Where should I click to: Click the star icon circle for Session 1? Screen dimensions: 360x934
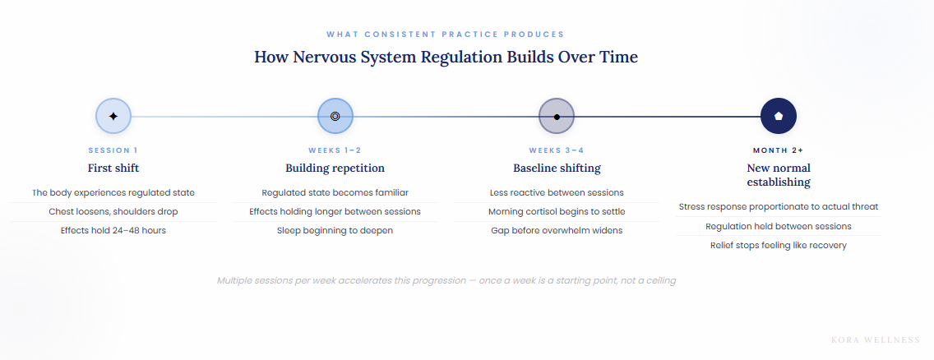tap(113, 116)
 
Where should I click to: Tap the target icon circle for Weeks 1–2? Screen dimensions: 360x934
tap(335, 116)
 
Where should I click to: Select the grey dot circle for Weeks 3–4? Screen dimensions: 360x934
tap(557, 116)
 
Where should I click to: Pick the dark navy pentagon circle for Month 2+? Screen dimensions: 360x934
tap(779, 116)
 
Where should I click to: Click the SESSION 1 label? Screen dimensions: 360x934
tap(113, 150)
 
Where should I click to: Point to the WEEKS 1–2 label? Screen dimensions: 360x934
tap(335, 150)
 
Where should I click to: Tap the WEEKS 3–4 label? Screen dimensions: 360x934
tap(557, 150)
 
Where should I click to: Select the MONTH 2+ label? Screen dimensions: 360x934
tap(779, 150)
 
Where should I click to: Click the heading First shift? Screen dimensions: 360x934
tap(113, 168)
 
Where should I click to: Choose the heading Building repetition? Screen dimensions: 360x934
tap(335, 168)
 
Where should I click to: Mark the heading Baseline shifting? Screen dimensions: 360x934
tap(557, 168)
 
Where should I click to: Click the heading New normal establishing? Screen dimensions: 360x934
tap(779, 175)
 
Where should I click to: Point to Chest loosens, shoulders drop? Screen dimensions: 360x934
tap(113, 211)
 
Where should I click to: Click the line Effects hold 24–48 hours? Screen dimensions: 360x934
tap(113, 230)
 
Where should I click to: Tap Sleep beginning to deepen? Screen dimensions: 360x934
tap(335, 230)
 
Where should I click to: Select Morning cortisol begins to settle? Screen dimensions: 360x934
tap(557, 211)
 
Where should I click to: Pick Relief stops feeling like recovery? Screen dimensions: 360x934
tap(779, 245)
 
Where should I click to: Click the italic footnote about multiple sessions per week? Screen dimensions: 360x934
tap(446, 280)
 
